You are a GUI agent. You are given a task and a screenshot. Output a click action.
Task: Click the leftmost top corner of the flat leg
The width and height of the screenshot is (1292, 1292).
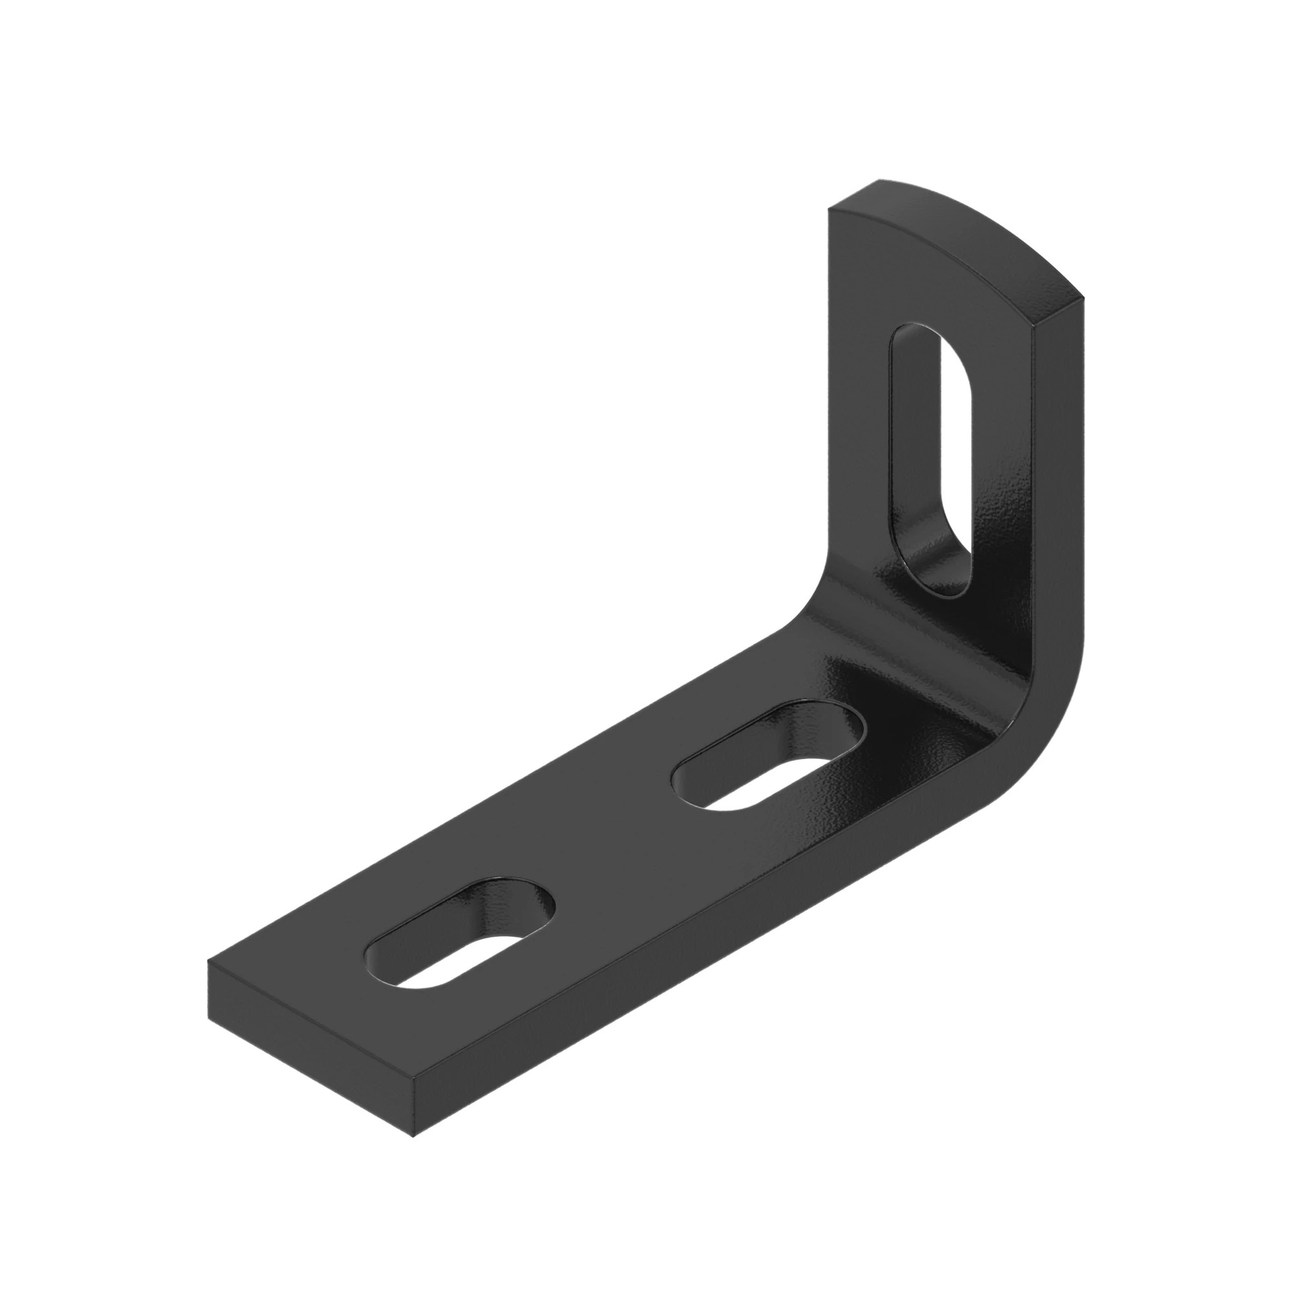209,962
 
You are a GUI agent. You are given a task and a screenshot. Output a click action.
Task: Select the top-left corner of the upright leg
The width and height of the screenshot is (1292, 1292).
829,209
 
